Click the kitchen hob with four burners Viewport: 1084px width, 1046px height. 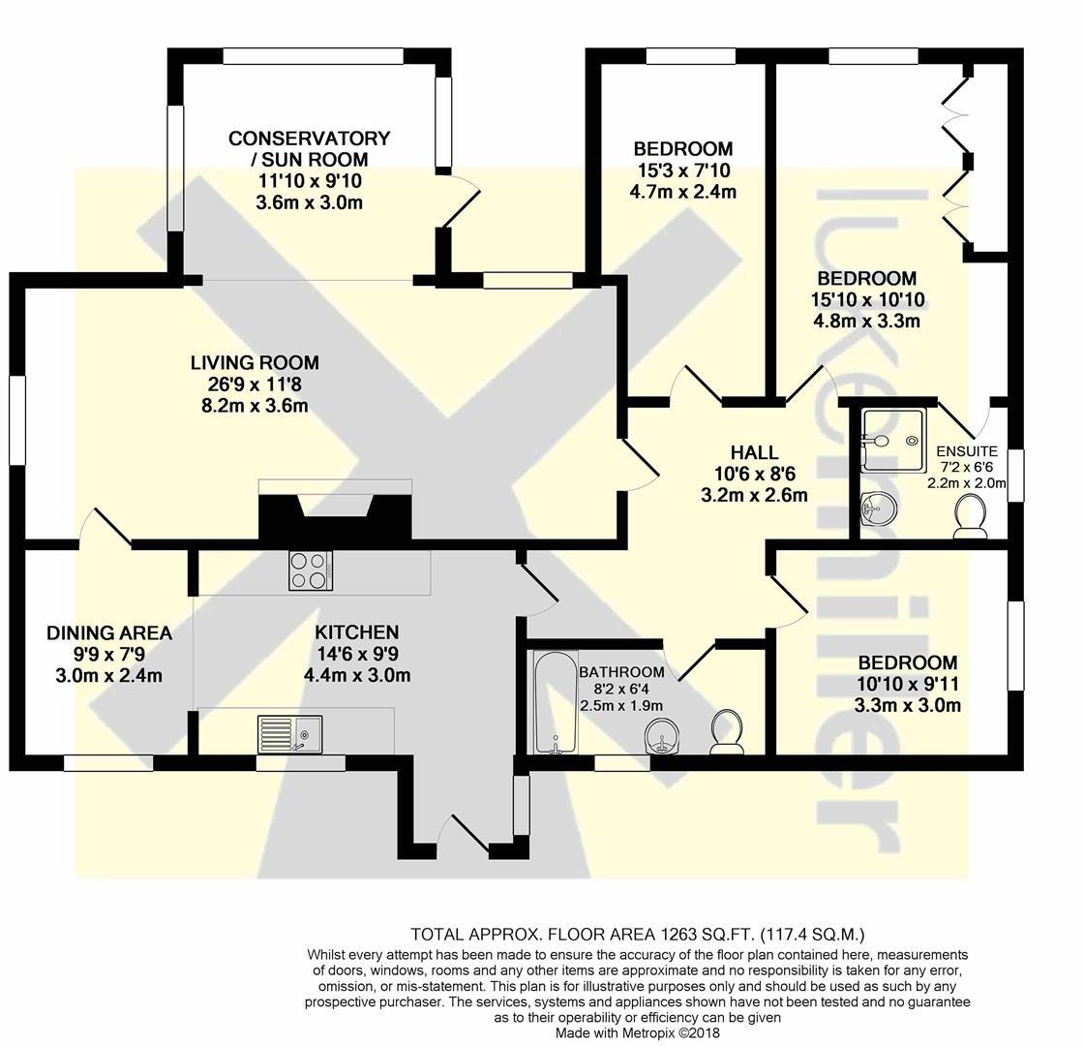[311, 569]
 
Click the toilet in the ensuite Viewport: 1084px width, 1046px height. [970, 517]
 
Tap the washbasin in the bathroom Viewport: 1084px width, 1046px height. [664, 738]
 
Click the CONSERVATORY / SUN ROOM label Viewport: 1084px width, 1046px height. [310, 148]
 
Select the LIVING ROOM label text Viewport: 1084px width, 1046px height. [255, 363]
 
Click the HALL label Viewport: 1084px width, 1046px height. [754, 452]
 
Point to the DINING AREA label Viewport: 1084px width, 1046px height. [109, 633]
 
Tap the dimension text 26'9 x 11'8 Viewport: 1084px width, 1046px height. [255, 385]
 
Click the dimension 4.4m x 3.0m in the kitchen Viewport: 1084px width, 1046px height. [357, 675]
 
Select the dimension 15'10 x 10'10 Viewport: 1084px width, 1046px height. [864, 299]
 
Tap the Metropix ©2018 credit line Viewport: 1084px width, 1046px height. [638, 1033]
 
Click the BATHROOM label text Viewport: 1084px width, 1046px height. [621, 672]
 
